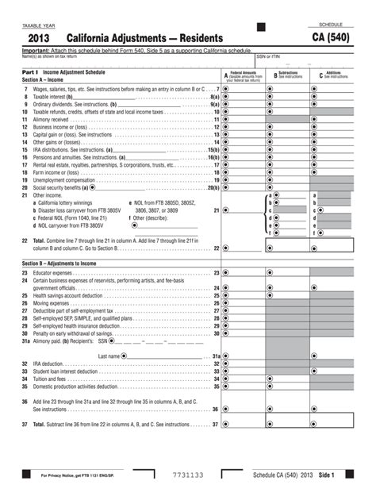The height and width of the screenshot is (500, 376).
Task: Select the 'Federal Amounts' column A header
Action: click(244, 75)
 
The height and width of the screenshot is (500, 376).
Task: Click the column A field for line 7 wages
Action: click(246, 90)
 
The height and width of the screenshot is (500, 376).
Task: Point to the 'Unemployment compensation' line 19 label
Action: click(64, 179)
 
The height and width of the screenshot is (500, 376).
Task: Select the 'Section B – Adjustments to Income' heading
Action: click(64, 263)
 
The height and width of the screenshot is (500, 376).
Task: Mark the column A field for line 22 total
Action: click(246, 248)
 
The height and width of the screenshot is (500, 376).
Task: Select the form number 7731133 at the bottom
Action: click(188, 475)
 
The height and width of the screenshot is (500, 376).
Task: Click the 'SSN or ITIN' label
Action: click(267, 56)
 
